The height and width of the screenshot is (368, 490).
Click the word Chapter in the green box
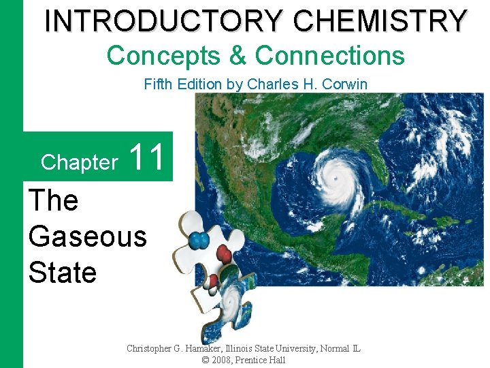click(79, 162)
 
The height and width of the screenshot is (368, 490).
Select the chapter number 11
click(146, 157)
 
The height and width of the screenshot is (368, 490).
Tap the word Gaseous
click(88, 236)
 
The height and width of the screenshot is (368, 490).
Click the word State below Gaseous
click(63, 273)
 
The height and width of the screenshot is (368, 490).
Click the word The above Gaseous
click(54, 200)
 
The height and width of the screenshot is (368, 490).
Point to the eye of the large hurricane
click(335, 179)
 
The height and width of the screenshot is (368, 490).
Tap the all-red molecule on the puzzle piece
click(224, 256)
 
